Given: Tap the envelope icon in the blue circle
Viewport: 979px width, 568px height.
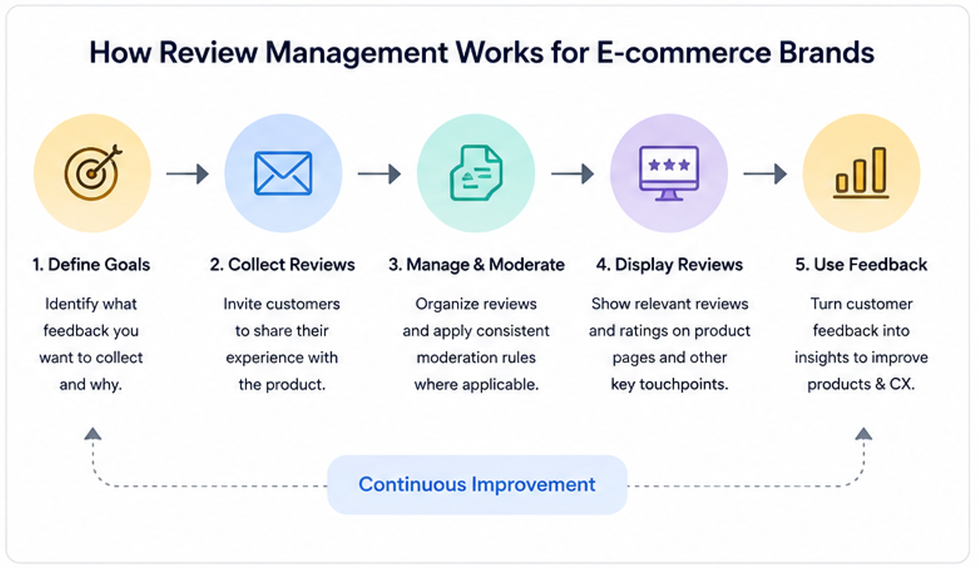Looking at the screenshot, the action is click(x=283, y=173).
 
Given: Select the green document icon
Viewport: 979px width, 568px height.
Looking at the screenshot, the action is click(x=476, y=173).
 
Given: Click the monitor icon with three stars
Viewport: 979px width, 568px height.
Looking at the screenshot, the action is click(x=669, y=173).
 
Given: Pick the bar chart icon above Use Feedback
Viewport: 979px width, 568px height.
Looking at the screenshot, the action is click(x=861, y=173).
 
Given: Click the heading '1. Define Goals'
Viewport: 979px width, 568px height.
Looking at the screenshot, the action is click(x=91, y=265).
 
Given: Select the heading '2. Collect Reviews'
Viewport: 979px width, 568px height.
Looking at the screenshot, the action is click(x=282, y=265).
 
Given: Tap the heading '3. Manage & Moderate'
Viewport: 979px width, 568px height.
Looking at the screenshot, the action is click(x=476, y=265).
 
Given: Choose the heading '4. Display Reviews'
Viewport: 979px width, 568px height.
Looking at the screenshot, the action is click(x=670, y=265).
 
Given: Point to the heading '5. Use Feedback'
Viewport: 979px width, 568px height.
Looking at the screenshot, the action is click(x=861, y=265).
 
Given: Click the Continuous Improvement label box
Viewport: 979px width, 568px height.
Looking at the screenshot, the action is click(x=478, y=485).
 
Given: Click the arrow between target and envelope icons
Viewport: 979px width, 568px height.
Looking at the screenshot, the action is click(x=187, y=174).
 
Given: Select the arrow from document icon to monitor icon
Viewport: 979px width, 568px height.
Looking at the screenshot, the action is click(x=573, y=174).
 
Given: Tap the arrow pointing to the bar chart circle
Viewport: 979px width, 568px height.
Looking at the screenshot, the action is click(x=766, y=174).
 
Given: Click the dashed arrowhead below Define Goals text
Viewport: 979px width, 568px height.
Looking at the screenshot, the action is click(x=93, y=433).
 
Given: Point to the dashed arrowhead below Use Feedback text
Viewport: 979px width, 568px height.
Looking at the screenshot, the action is click(x=864, y=433).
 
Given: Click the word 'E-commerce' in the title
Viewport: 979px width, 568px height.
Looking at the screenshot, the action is click(x=684, y=53).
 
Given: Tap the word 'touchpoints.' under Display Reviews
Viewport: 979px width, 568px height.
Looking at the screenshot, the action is click(x=684, y=385).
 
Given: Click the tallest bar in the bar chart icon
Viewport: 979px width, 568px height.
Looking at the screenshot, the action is click(x=879, y=170).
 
